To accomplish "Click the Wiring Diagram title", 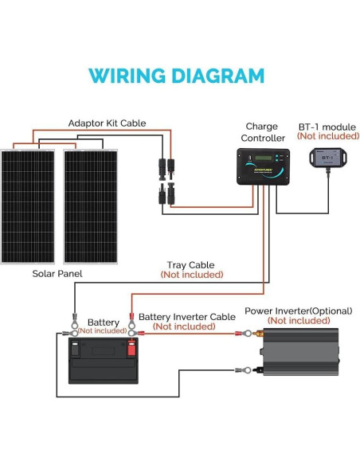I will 176,76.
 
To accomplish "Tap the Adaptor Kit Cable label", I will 107,123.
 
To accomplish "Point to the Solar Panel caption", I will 57,274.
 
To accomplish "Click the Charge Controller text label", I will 261,132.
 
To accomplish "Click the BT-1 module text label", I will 327,127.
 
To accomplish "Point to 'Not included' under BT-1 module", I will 327,136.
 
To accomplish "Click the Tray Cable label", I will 190,265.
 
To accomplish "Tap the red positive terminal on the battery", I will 131,346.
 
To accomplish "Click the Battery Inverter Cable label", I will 186,317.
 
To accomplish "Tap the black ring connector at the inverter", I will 247,370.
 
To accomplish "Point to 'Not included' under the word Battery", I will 102,330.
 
